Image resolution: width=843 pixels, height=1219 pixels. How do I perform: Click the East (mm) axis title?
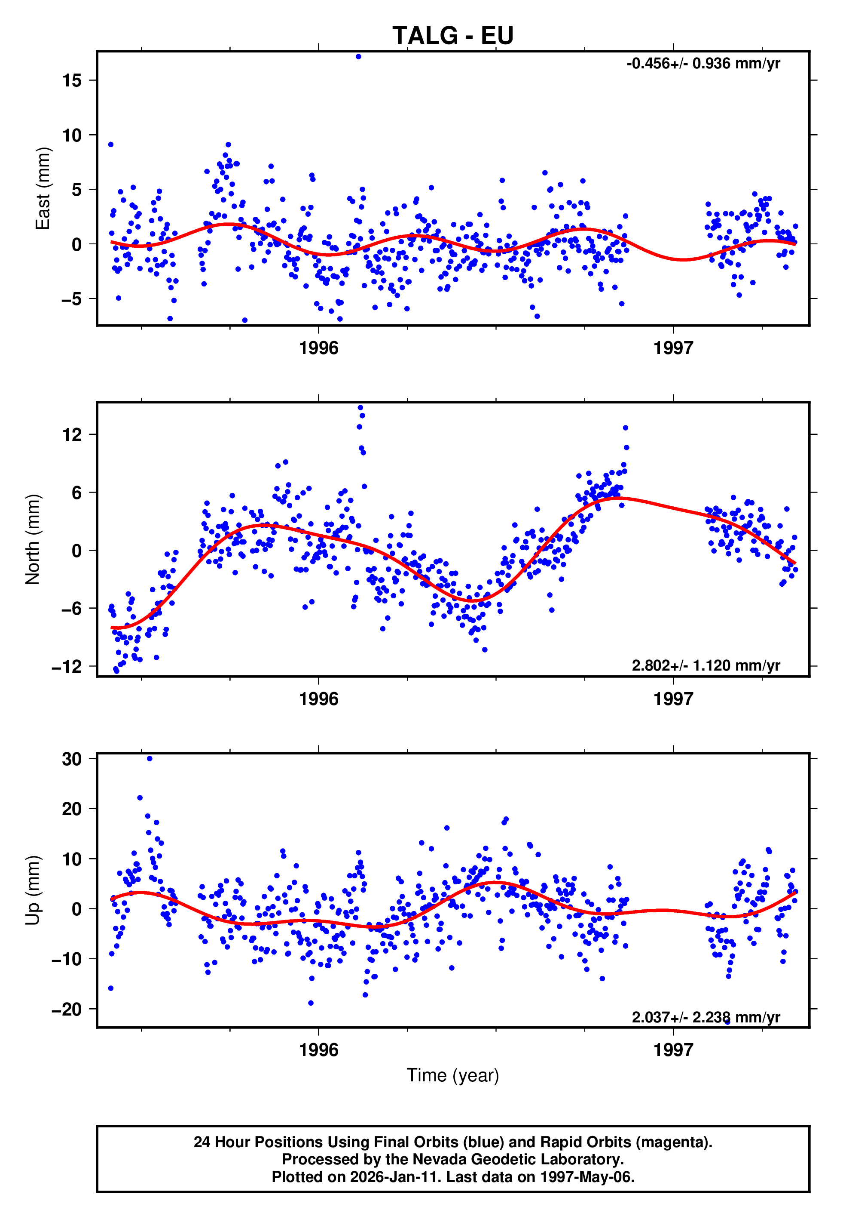42,188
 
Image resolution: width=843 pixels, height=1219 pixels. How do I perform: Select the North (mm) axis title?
33,539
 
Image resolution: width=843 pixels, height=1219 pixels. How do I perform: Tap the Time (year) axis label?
453,1076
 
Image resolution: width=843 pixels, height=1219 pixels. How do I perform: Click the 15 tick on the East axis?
72,80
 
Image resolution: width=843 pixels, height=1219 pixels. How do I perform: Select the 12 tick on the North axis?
72,434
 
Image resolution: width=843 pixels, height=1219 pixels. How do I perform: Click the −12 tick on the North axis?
67,667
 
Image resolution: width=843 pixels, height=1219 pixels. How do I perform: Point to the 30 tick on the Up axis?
72,759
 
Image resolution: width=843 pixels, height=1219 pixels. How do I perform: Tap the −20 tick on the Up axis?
67,1009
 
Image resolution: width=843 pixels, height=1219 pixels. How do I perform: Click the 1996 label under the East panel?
318,348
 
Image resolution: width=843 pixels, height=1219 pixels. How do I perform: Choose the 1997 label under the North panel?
673,699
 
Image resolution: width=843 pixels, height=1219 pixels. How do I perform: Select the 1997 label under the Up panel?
673,1050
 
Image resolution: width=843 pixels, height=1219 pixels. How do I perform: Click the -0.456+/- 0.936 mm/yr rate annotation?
703,64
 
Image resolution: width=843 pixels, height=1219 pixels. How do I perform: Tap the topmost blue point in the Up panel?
150,759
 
